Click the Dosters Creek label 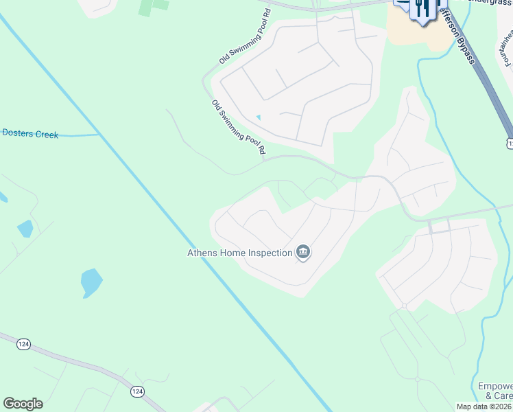[x=30, y=134]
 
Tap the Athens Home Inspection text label [x=240, y=253]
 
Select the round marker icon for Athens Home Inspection [x=303, y=253]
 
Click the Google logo [x=23, y=404]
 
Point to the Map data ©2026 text [x=484, y=407]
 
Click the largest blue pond [x=91, y=282]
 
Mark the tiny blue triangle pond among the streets [x=258, y=117]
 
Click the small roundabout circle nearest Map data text [x=417, y=379]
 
